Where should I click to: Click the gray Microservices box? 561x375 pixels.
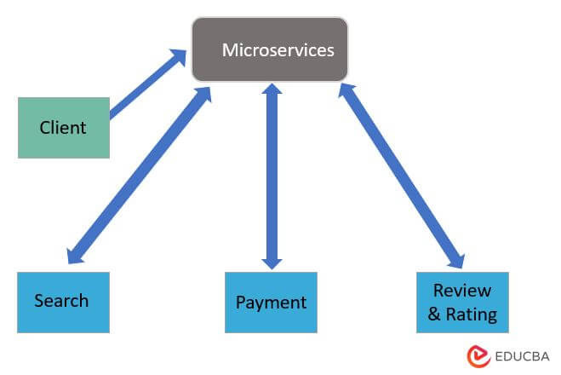(x=270, y=49)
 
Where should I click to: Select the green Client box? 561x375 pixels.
(x=64, y=128)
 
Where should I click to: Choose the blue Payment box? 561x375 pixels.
(x=271, y=303)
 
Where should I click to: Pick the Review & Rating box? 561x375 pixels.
(x=462, y=302)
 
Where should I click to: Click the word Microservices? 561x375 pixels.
(x=278, y=49)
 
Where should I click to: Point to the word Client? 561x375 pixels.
(x=63, y=128)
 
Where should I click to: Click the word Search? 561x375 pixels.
(x=61, y=300)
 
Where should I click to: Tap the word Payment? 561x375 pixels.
(x=271, y=303)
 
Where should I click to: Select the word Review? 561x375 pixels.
(x=462, y=290)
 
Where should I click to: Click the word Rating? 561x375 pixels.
(x=473, y=314)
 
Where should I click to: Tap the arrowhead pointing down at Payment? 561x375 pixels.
(x=271, y=259)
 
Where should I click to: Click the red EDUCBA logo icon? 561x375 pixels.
(x=476, y=356)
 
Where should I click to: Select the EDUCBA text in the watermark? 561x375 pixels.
(x=519, y=356)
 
